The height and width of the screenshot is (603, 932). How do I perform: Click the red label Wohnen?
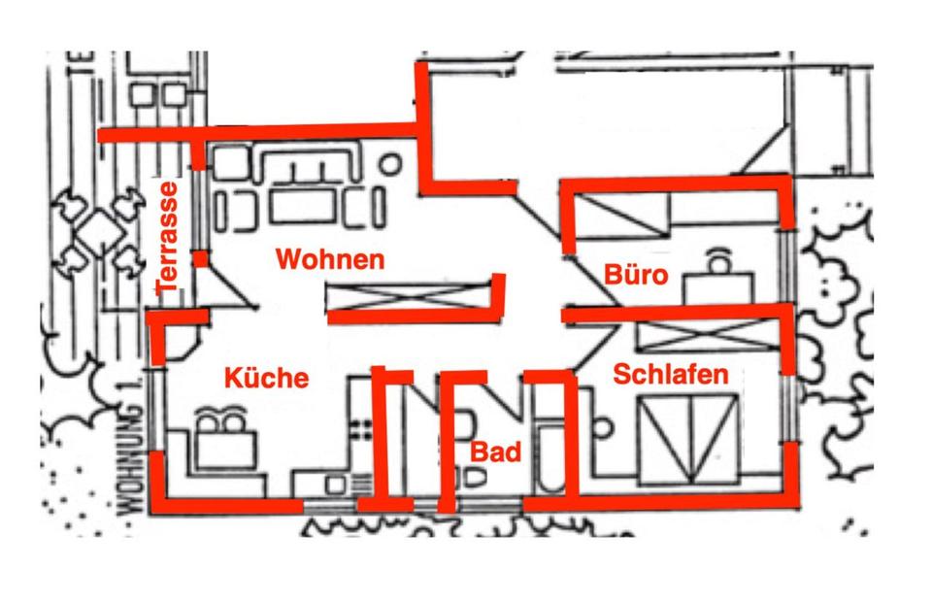click(x=330, y=260)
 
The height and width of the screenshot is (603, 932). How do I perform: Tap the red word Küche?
click(x=267, y=378)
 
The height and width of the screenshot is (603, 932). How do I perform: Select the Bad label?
click(x=496, y=452)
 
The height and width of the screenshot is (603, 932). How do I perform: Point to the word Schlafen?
click(x=672, y=376)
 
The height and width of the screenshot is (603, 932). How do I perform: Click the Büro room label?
click(x=636, y=275)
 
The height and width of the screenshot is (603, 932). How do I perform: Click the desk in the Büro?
click(x=718, y=285)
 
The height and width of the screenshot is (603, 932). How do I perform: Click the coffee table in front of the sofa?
click(x=301, y=206)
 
